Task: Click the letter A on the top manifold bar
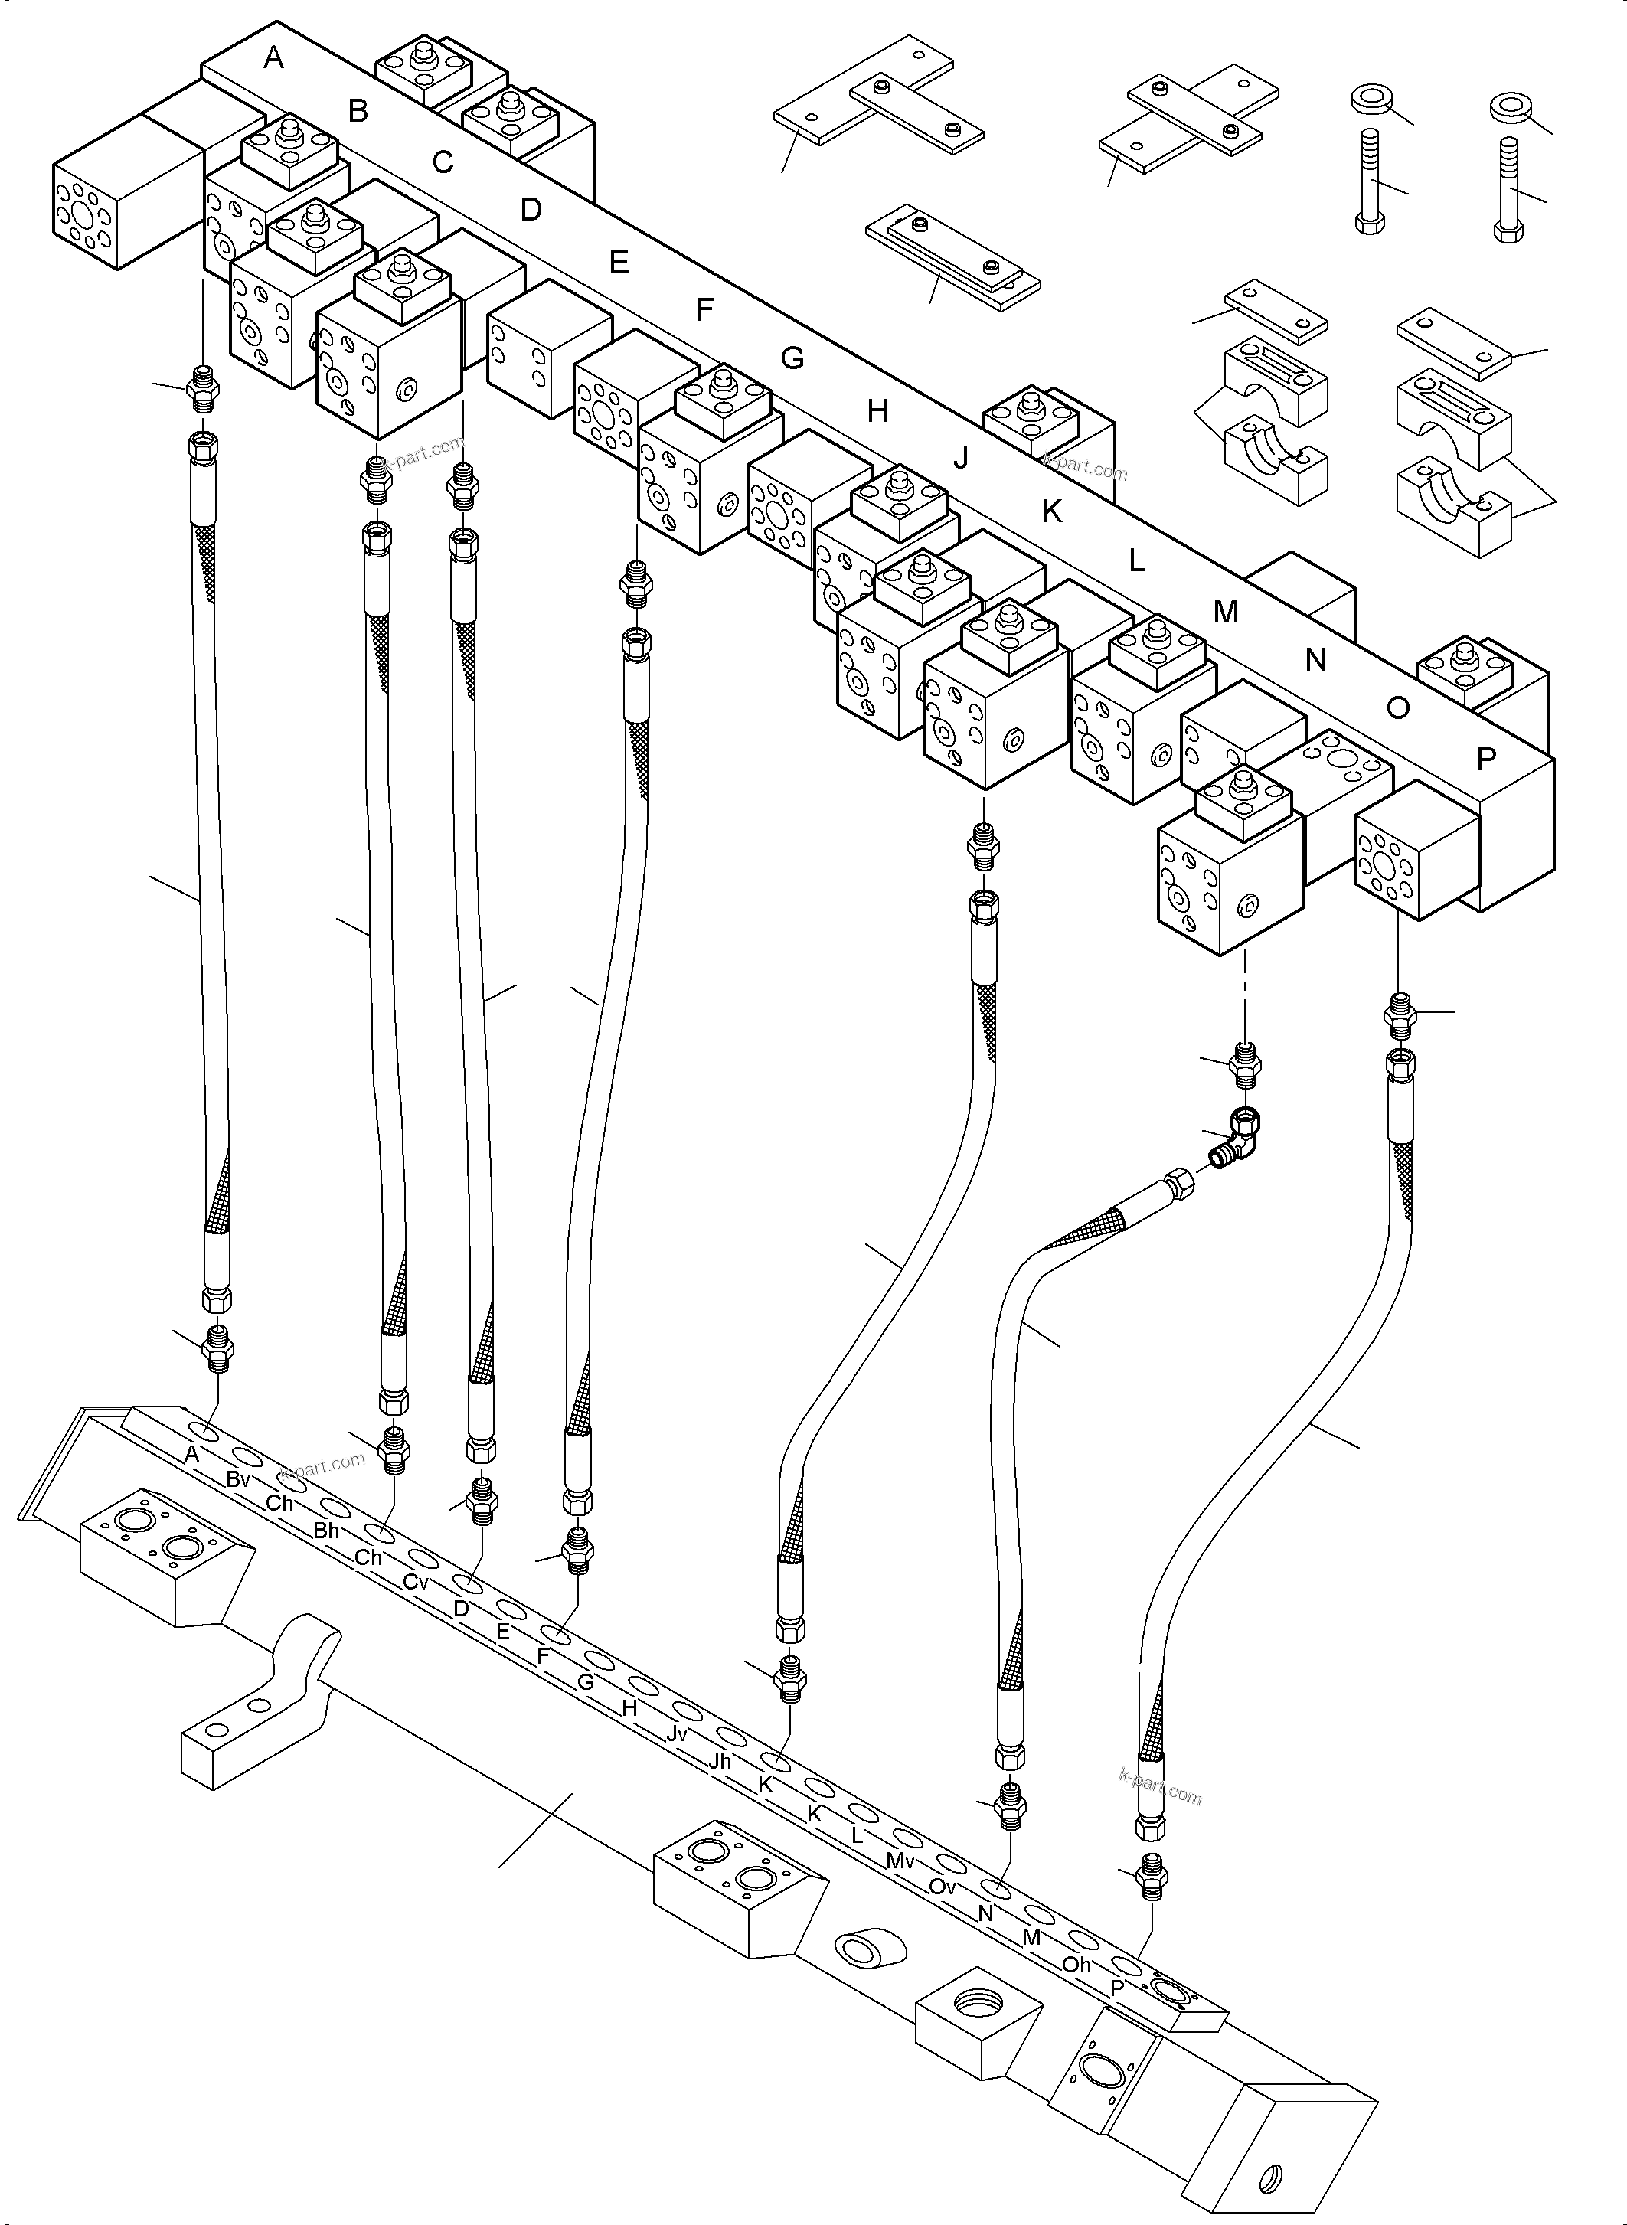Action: click(274, 58)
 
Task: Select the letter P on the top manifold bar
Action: click(1486, 759)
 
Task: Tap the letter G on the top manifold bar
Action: click(792, 358)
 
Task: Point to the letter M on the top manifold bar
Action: click(1225, 612)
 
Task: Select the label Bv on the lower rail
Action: click(238, 1478)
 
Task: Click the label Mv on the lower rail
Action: click(900, 1861)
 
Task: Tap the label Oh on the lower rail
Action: click(1076, 1964)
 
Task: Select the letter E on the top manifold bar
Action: click(619, 262)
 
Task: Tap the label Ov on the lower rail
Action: click(943, 1886)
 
